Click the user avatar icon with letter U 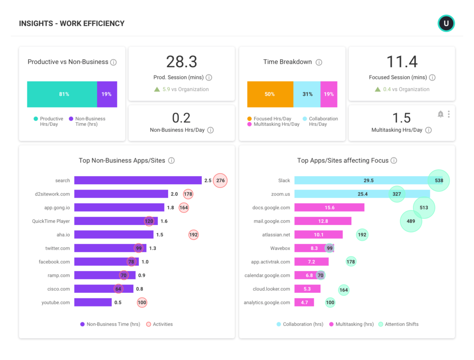pos(446,23)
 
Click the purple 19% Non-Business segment pos(107,94)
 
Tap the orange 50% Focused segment pos(270,94)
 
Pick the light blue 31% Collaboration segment pos(307,94)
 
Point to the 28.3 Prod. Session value pos(181,62)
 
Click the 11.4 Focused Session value pos(402,62)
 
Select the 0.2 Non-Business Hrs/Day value pos(181,118)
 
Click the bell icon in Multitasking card pos(440,114)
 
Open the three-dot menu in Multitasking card pos(449,114)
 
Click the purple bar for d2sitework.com pos(121,194)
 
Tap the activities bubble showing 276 pos(220,180)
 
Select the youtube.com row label pos(56,303)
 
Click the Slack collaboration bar pos(361,180)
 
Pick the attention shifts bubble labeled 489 pos(411,221)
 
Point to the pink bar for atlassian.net pos(318,235)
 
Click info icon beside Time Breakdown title pos(319,62)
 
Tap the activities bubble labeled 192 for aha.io pos(193,235)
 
